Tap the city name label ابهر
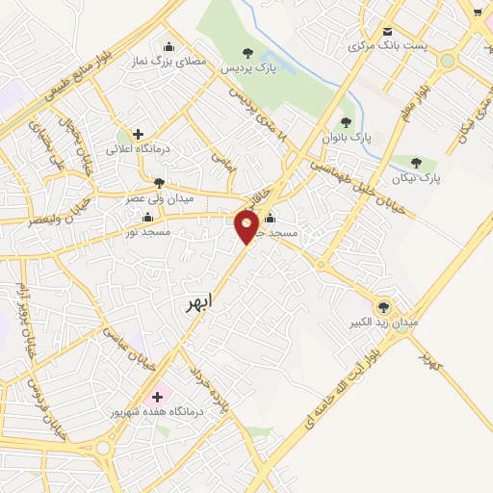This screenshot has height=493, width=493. tap(201, 303)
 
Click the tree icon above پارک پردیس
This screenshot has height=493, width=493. tap(248, 53)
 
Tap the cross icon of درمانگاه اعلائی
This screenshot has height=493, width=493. tap(138, 134)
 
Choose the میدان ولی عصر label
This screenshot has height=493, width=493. tap(160, 197)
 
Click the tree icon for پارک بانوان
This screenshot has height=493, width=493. tap(346, 122)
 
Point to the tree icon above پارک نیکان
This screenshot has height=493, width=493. tap(416, 162)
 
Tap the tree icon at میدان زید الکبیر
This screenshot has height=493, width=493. tap(383, 307)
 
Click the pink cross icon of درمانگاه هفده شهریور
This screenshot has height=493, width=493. tap(156, 396)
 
